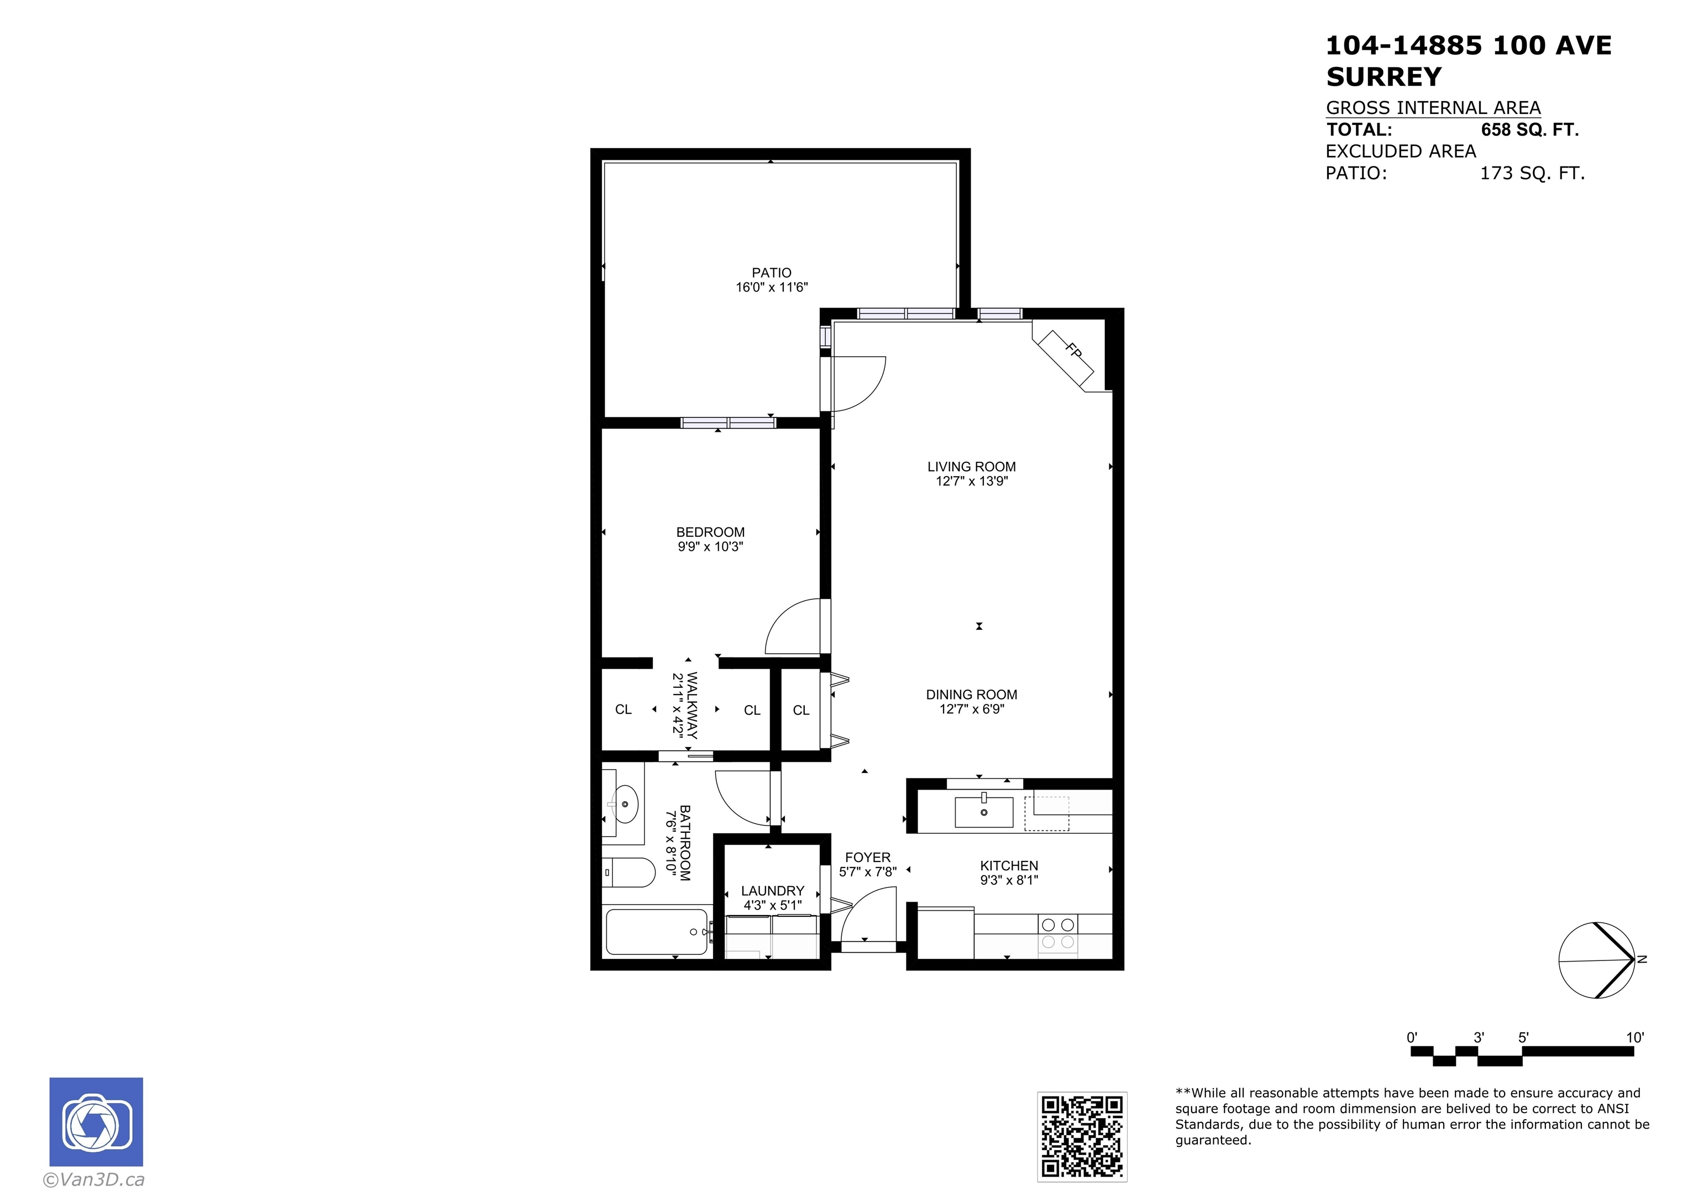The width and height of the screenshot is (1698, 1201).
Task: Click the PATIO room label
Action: coord(772,273)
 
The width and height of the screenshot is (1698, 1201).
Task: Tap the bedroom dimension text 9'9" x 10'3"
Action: coord(710,547)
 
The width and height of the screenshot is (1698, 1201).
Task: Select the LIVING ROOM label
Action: coord(971,467)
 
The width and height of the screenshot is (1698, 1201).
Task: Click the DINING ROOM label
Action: coord(971,695)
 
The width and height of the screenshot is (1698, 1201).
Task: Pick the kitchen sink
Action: coord(984,812)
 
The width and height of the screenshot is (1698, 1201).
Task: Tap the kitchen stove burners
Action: coord(1057,933)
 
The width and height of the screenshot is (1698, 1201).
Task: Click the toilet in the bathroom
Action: coord(628,873)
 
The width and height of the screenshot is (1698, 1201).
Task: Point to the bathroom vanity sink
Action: coord(626,803)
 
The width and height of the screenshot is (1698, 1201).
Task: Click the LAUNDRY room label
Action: coord(772,891)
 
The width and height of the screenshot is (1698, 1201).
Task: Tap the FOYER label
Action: coord(867,858)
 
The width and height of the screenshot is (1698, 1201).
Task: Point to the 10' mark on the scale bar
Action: coord(1634,1037)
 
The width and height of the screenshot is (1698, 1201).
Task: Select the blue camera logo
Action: coord(96,1122)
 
